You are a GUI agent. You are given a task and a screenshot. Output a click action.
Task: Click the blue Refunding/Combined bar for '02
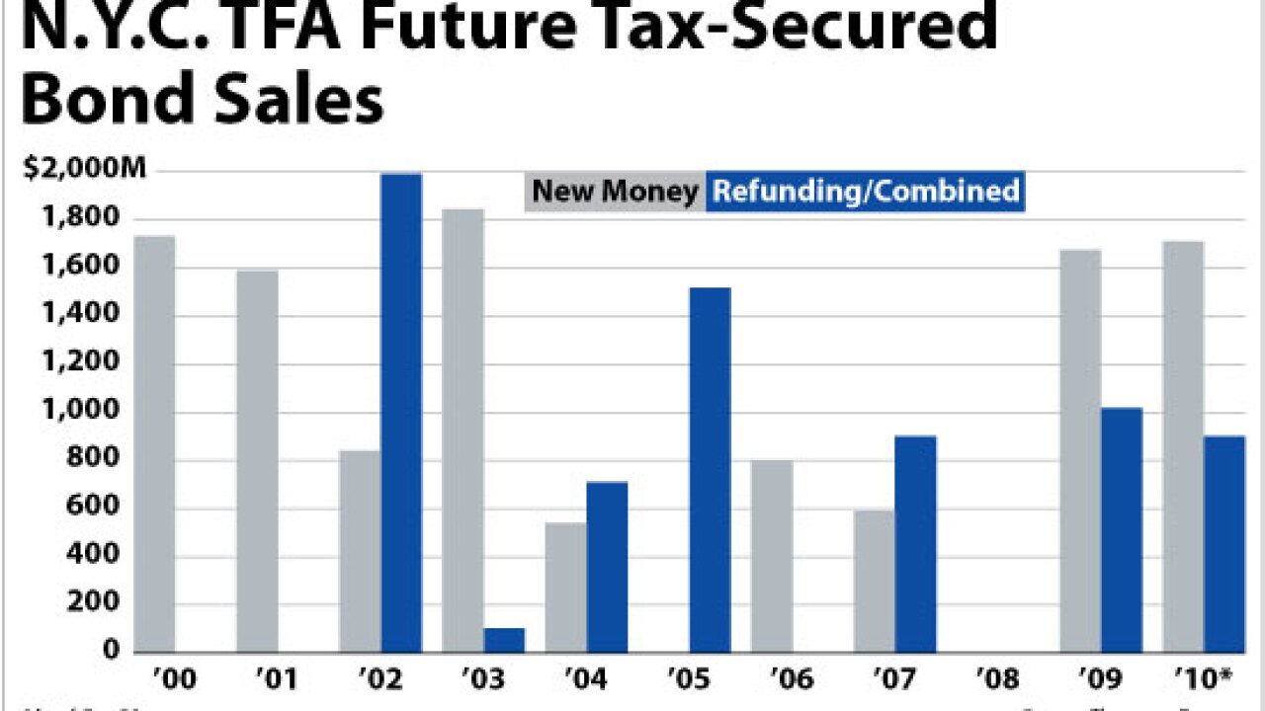(401, 413)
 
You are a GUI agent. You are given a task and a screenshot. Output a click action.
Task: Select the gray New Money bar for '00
(154, 443)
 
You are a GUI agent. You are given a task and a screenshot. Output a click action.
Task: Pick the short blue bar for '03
(504, 639)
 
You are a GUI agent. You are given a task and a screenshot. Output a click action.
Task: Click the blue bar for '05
(710, 469)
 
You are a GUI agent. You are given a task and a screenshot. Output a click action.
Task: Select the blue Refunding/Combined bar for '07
(916, 543)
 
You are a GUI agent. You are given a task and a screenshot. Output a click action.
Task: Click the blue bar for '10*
(1224, 543)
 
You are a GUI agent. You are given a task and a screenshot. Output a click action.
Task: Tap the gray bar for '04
(565, 587)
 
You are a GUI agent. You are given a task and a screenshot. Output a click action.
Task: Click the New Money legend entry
(615, 191)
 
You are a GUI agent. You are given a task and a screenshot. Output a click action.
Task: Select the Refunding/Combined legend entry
(866, 191)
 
